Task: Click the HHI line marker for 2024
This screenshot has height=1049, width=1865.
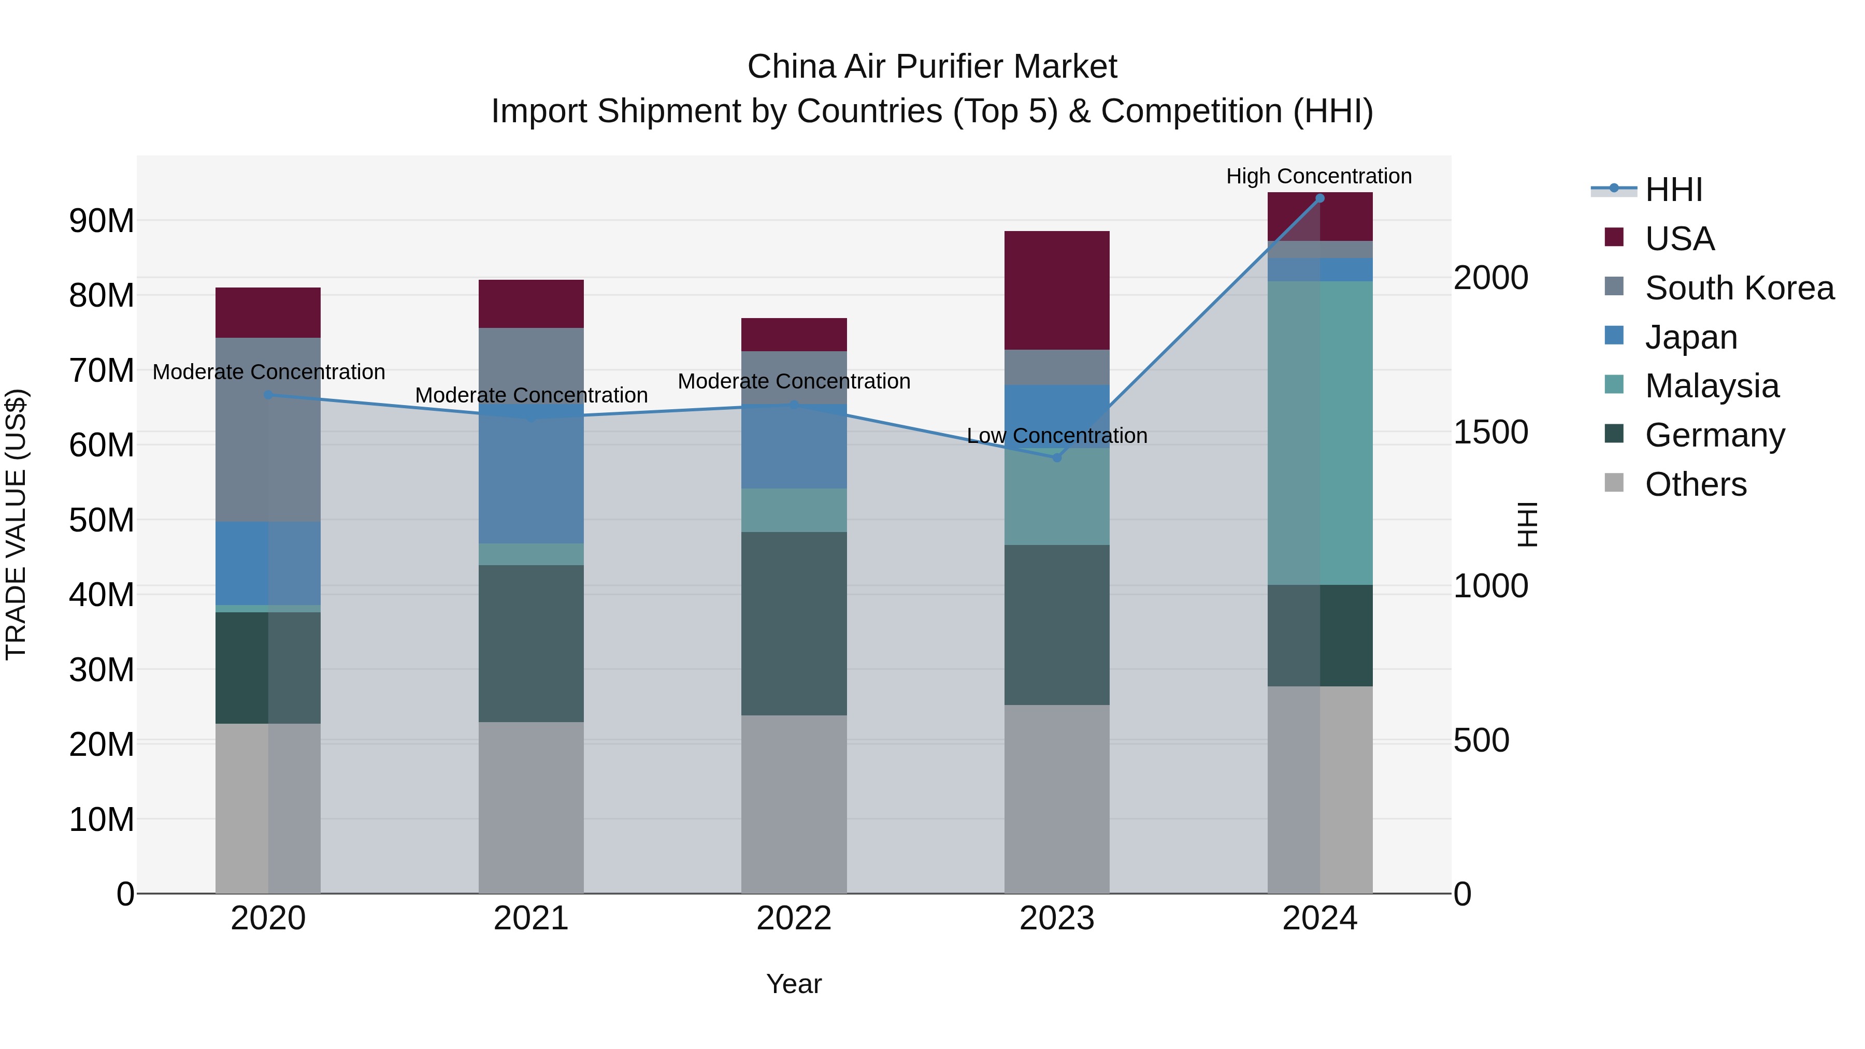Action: [x=1319, y=198]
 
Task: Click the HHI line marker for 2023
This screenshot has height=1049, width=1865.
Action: [x=1056, y=457]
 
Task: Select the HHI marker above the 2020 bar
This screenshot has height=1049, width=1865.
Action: [x=268, y=395]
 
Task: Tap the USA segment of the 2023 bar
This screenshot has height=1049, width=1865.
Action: [x=1056, y=290]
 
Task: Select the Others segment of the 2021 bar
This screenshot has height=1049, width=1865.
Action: [x=530, y=807]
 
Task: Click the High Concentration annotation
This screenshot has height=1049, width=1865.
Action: [x=1318, y=177]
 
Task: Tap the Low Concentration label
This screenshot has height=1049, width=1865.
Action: [x=1056, y=436]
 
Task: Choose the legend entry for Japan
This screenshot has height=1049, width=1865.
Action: [x=1690, y=337]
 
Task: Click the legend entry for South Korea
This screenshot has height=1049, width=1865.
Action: [x=1739, y=288]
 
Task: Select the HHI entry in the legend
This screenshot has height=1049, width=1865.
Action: [x=1673, y=190]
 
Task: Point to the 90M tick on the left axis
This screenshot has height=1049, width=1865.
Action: [x=102, y=220]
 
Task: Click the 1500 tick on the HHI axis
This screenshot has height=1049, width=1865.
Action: [x=1490, y=432]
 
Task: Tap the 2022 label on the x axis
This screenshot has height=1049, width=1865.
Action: [x=794, y=918]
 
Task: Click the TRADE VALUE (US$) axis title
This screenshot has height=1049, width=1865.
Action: [x=16, y=524]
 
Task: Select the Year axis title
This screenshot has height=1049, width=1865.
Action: [x=794, y=984]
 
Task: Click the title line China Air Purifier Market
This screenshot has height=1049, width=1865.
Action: [x=932, y=67]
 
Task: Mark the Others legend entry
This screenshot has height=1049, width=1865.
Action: [x=1695, y=484]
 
